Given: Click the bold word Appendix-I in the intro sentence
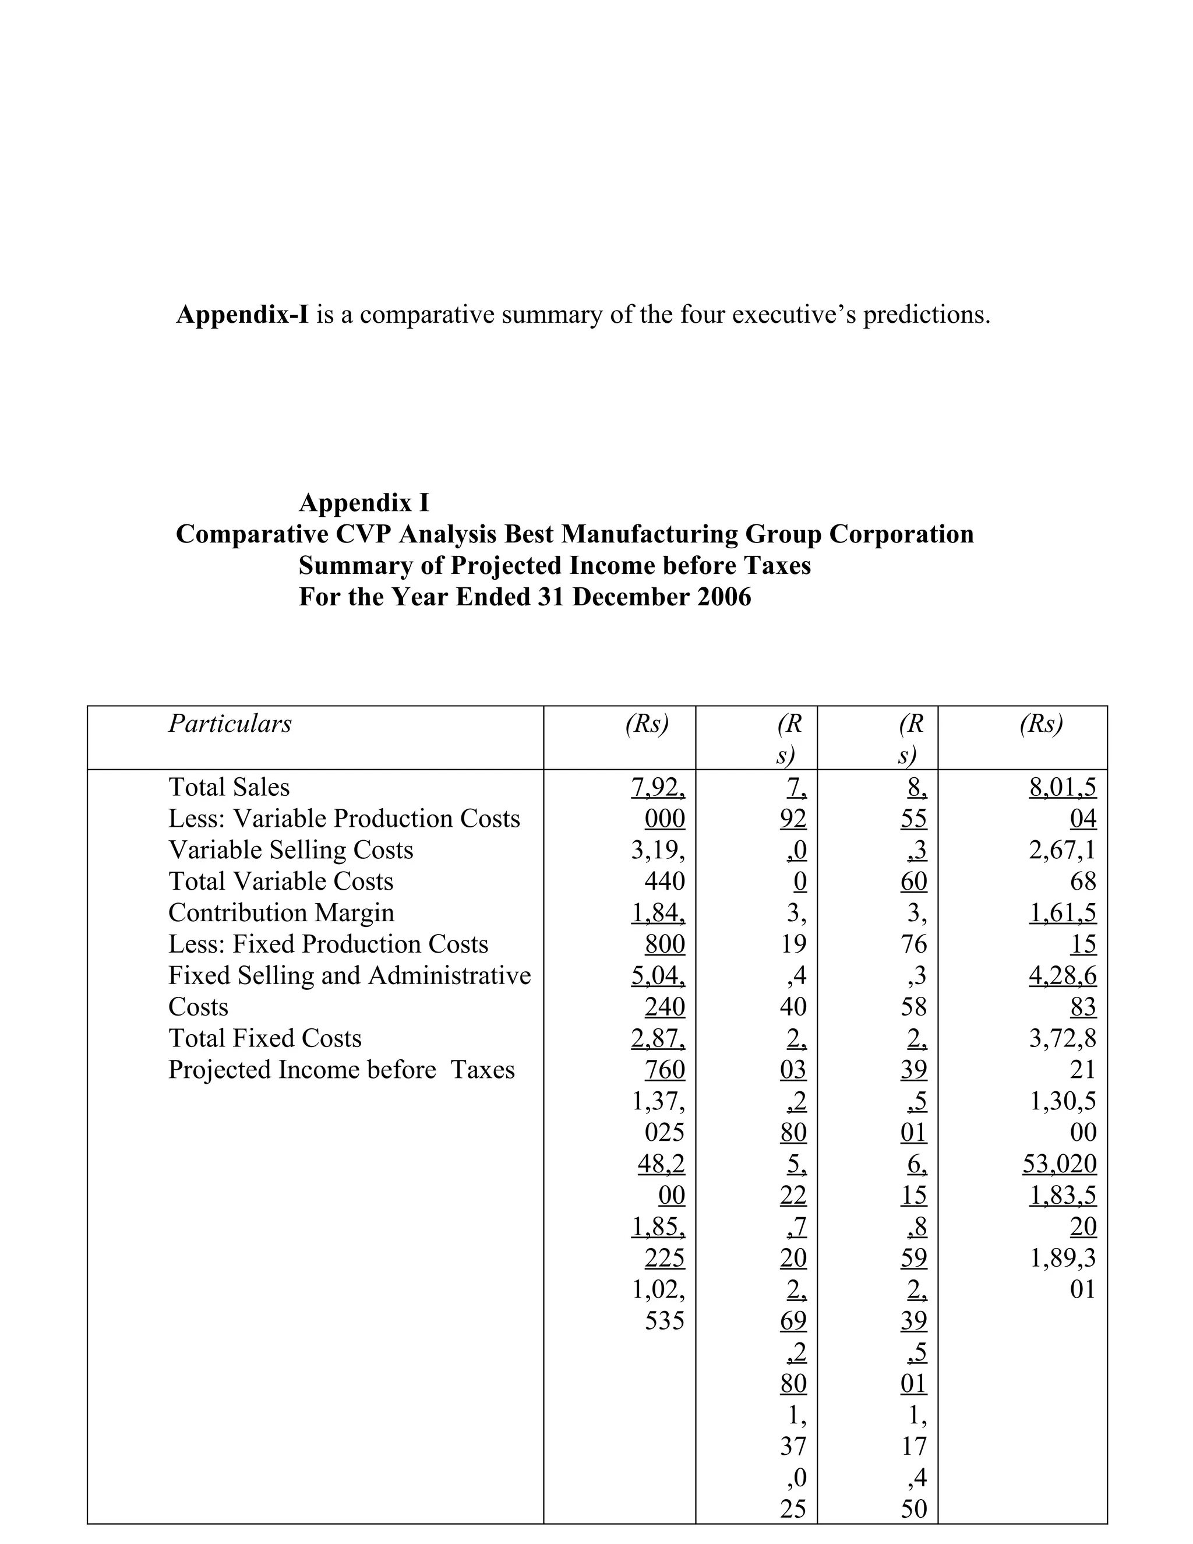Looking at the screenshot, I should pos(242,315).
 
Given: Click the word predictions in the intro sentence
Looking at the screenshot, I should pos(926,315).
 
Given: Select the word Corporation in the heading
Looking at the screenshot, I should pos(901,534).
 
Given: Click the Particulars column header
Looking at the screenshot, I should pos(230,723).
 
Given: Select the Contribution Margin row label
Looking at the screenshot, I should pos(281,912).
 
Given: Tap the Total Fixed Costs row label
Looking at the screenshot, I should pos(264,1038).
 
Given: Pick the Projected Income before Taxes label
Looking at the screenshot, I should pos(341,1069).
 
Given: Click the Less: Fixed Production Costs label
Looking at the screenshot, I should pos(328,944).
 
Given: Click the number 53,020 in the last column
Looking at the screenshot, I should pos(1060,1164).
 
